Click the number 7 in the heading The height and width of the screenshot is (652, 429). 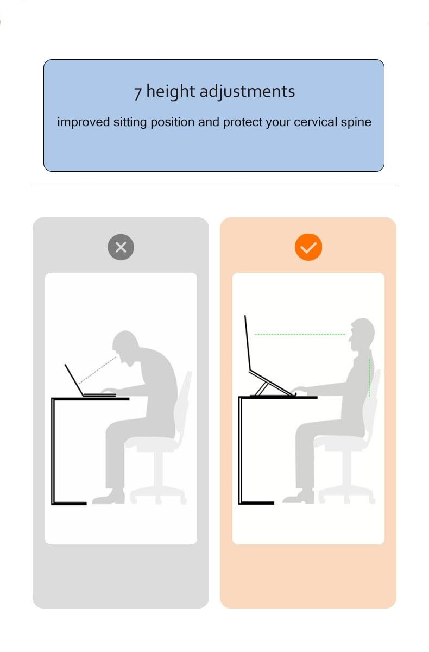pyautogui.click(x=138, y=93)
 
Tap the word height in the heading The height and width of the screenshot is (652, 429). pyautogui.click(x=171, y=92)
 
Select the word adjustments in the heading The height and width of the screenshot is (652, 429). pyautogui.click(x=247, y=92)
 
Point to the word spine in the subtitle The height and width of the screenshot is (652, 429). pyautogui.click(x=356, y=123)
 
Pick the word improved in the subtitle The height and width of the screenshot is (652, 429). pyautogui.click(x=84, y=123)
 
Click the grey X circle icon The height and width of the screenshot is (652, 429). pyautogui.click(x=121, y=247)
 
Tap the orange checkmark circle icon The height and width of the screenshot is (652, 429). pyautogui.click(x=308, y=247)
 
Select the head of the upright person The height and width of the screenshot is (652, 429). pyautogui.click(x=362, y=334)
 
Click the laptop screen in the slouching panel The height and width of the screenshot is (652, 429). pyautogui.click(x=74, y=380)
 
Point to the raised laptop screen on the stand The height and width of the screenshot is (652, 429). pyautogui.click(x=248, y=343)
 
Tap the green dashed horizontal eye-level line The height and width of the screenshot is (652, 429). pyautogui.click(x=300, y=334)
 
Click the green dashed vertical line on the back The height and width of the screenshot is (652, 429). pyautogui.click(x=369, y=378)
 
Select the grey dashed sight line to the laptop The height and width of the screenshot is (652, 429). pyautogui.click(x=98, y=369)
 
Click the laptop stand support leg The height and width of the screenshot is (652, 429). pyautogui.click(x=261, y=389)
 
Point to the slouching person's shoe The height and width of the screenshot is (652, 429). pyautogui.click(x=109, y=498)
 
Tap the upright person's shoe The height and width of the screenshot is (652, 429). pyautogui.click(x=299, y=497)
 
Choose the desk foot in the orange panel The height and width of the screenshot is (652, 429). pyautogui.click(x=257, y=503)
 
